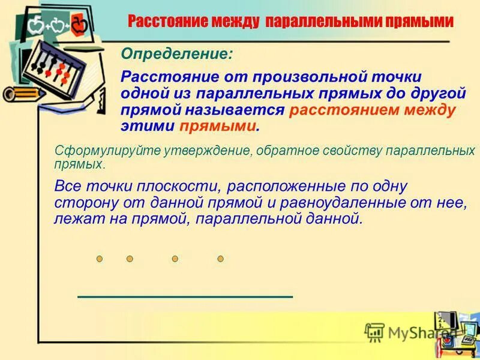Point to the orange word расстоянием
point(345,111)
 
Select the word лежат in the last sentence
point(71,219)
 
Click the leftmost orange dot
point(100,259)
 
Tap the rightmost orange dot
point(220,259)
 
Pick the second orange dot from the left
point(130,259)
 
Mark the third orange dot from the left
point(175,259)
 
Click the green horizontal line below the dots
point(185,296)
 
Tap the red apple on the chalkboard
point(78,26)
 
